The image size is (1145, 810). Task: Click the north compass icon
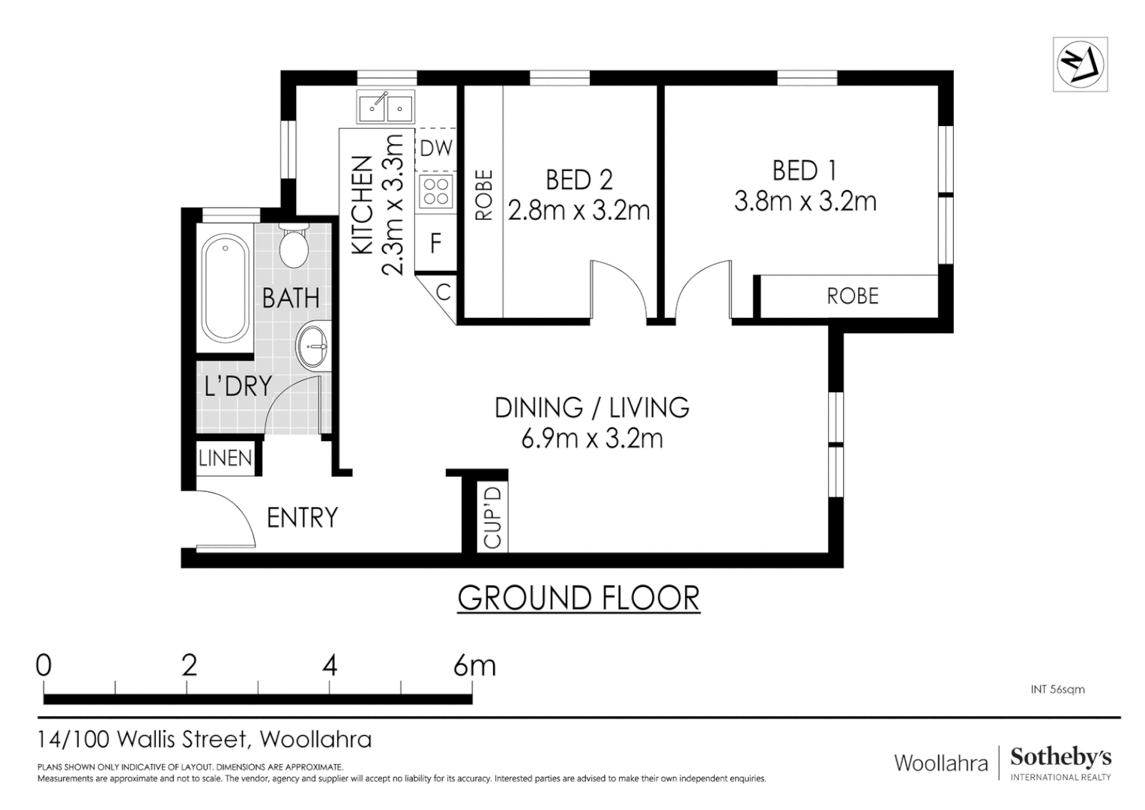pyautogui.click(x=1080, y=64)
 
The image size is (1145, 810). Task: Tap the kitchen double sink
pyautogui.click(x=385, y=108)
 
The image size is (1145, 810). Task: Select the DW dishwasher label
pyautogui.click(x=435, y=148)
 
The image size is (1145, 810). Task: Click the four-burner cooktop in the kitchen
pyautogui.click(x=435, y=190)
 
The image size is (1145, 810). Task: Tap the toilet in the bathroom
pyautogui.click(x=294, y=244)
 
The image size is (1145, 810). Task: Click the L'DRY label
pyautogui.click(x=238, y=386)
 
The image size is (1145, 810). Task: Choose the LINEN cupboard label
pyautogui.click(x=226, y=457)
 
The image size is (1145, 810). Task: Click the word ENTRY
pyautogui.click(x=302, y=517)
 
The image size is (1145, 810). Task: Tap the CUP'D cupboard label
pyautogui.click(x=492, y=517)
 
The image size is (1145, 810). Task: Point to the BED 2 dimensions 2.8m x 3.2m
pyautogui.click(x=578, y=211)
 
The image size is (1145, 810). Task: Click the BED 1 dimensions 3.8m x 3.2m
pyautogui.click(x=805, y=202)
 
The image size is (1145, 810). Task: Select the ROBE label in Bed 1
pyautogui.click(x=852, y=296)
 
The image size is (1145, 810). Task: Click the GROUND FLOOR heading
pyautogui.click(x=578, y=598)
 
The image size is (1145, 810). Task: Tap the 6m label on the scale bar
pyautogui.click(x=474, y=665)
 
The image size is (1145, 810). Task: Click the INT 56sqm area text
pyautogui.click(x=1057, y=689)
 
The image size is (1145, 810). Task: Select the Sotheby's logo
pyautogui.click(x=1060, y=763)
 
